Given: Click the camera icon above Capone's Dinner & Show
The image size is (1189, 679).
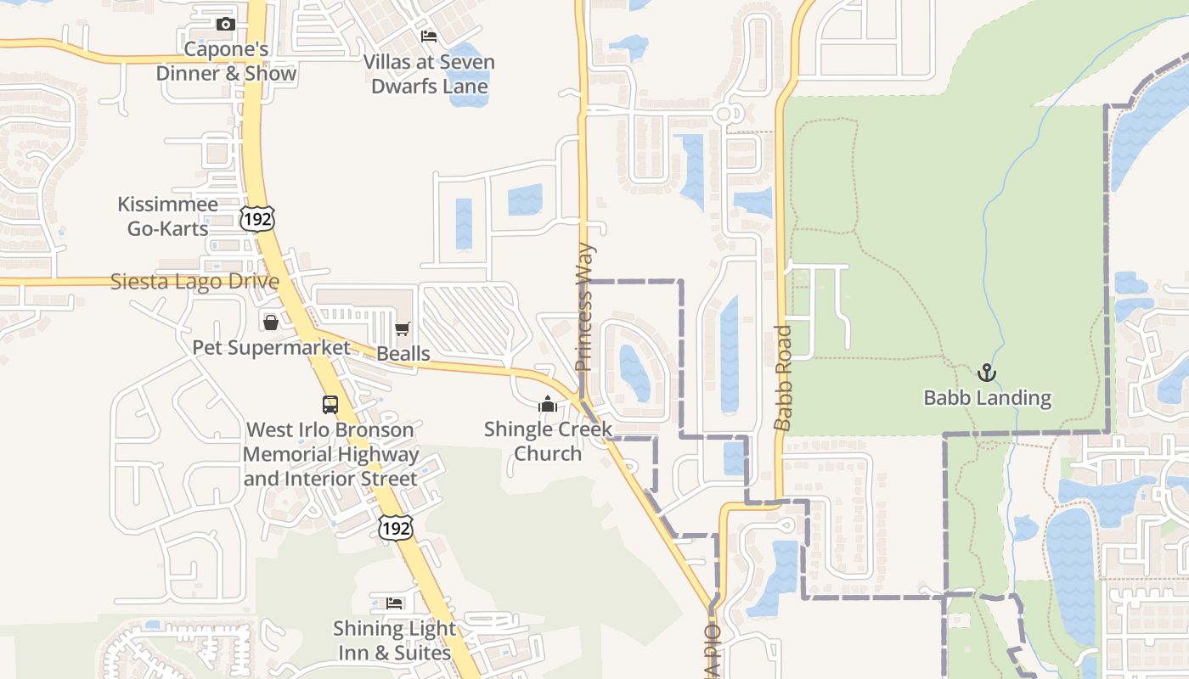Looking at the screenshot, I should pos(225,24).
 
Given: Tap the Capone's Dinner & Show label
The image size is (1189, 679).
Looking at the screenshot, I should pos(226,61).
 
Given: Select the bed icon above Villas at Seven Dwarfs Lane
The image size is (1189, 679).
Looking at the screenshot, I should pos(429,36).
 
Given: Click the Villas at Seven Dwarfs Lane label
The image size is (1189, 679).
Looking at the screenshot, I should pos(429,74).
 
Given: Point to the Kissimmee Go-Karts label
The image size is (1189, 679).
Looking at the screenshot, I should pos(167,216).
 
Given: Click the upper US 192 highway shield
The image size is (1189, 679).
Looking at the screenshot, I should pos(256,218).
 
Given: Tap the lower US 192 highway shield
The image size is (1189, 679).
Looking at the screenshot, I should pos(396,528).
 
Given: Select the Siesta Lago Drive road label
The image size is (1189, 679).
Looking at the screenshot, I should pos(194,282).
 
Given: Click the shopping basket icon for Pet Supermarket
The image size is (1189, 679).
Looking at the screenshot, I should pos(270,323).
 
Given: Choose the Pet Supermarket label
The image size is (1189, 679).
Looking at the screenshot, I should pos(271,348).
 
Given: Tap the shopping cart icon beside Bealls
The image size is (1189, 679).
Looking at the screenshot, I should pos(403,328).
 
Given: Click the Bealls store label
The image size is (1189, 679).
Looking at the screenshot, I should pos(403,353).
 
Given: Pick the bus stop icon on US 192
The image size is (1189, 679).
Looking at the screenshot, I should pos(330,405).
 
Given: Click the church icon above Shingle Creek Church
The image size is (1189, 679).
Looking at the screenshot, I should pos(548,404).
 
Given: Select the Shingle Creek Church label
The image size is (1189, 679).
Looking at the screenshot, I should pos(548,441).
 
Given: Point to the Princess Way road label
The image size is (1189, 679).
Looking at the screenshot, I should pos(584,307).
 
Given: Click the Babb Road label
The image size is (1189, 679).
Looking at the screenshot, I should pos(783,377).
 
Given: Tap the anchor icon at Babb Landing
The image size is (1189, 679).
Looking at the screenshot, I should pos(987,372).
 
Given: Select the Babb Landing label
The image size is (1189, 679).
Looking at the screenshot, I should pos(987,397).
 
